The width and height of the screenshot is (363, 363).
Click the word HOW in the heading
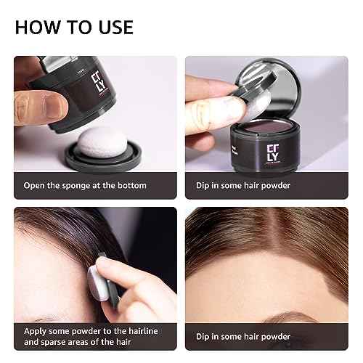click(x=35, y=28)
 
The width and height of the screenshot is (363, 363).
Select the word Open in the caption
click(x=36, y=186)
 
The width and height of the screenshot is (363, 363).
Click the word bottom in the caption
click(x=130, y=186)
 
